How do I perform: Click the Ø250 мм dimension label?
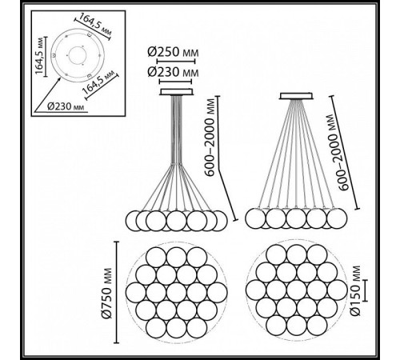[x=173, y=52]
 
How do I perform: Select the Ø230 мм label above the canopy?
[x=173, y=72]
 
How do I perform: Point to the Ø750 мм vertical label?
[x=106, y=293]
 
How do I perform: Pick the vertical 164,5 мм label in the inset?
[x=39, y=56]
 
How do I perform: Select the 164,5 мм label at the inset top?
[x=95, y=25]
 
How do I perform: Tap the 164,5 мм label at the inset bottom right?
[x=98, y=82]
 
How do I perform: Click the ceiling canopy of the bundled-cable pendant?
[x=176, y=92]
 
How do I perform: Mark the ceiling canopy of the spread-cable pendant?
[x=296, y=96]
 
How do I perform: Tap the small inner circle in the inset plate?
[x=78, y=55]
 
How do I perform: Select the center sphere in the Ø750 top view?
[x=176, y=292]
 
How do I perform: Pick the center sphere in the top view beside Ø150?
[x=297, y=290]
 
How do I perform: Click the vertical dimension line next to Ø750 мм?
[x=116, y=292]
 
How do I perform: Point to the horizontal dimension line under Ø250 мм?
[x=176, y=62]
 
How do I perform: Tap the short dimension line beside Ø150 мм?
[x=365, y=290]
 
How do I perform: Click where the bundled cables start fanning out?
[x=176, y=163]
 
